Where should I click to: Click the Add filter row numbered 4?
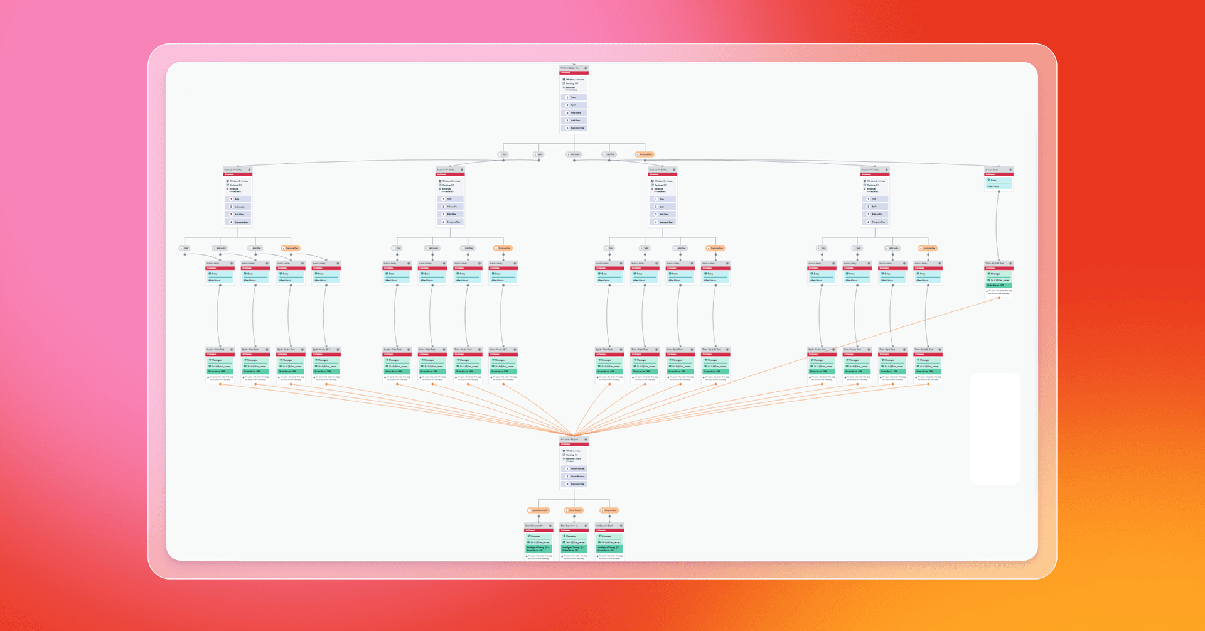pyautogui.click(x=574, y=121)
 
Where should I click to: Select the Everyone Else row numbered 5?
pyautogui.click(x=574, y=128)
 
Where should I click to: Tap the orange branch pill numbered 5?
pyautogui.click(x=645, y=154)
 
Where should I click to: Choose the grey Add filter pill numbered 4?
pyautogui.click(x=609, y=154)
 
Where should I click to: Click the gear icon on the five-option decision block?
pyautogui.click(x=586, y=68)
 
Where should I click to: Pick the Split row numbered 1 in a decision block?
pyautogui.click(x=238, y=199)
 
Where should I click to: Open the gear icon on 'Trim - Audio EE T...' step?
pyautogui.click(x=515, y=350)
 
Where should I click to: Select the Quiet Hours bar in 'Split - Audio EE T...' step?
pyautogui.click(x=326, y=372)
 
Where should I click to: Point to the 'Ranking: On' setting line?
pyautogui.click(x=572, y=455)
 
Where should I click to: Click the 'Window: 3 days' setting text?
pyautogui.click(x=574, y=451)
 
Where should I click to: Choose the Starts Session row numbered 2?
pyautogui.click(x=574, y=477)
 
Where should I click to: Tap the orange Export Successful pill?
pyautogui.click(x=538, y=510)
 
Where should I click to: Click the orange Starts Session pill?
pyautogui.click(x=574, y=510)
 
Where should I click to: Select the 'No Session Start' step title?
pyautogui.click(x=604, y=526)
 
